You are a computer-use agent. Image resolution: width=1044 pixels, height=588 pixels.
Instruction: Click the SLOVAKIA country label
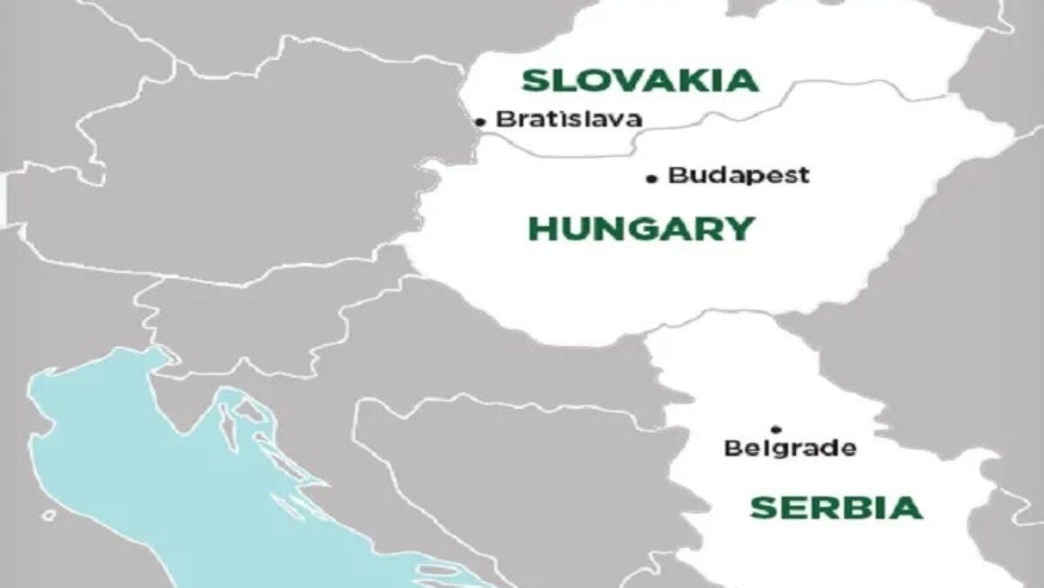[639, 80]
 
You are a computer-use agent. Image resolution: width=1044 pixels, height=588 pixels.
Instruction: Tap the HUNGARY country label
[640, 229]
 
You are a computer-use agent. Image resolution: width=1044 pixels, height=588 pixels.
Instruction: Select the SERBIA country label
[835, 507]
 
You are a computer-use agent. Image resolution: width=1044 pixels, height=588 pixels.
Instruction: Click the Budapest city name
[739, 175]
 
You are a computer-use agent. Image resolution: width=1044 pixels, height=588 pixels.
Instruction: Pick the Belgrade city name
[790, 449]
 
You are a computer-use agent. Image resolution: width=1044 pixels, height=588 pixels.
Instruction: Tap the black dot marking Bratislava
[479, 122]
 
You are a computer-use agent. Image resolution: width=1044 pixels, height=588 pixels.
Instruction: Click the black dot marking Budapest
[652, 179]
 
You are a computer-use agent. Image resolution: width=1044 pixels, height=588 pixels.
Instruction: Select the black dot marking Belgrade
[776, 429]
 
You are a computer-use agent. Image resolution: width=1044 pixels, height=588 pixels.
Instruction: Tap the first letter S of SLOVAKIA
[533, 80]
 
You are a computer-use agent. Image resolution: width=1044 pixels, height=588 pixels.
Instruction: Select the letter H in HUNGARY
[543, 229]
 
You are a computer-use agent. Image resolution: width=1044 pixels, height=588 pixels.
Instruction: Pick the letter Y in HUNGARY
[739, 229]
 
